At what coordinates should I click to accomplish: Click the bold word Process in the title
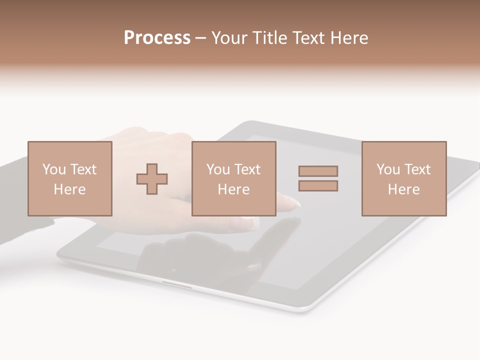click(157, 38)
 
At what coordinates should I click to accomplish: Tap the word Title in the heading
click(270, 38)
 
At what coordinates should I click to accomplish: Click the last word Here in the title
click(348, 38)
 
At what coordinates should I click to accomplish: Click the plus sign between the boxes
click(152, 178)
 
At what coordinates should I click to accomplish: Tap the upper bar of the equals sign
click(318, 171)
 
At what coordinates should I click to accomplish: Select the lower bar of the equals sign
click(318, 185)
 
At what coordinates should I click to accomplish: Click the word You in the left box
click(53, 169)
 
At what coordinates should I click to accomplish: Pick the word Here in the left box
click(69, 189)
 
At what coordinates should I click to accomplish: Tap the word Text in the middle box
click(247, 169)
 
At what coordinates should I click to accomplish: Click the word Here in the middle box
click(233, 189)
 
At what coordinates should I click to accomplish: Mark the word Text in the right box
click(417, 169)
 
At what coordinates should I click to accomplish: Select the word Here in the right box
click(403, 189)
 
